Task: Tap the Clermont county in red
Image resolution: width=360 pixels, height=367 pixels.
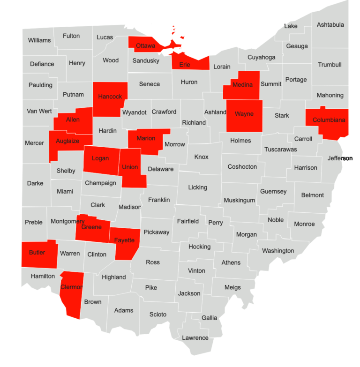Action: click(x=71, y=293)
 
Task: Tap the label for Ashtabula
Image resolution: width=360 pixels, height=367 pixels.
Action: click(x=330, y=25)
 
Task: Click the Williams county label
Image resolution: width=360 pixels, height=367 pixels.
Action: click(x=39, y=40)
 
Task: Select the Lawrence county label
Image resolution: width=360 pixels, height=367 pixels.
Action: click(x=195, y=338)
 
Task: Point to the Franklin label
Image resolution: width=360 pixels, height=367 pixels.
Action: click(x=159, y=200)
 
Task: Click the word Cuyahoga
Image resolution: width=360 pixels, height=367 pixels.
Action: click(x=261, y=57)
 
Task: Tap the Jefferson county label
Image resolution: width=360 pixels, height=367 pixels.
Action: click(x=340, y=158)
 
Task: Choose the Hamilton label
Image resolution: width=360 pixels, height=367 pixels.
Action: click(x=43, y=277)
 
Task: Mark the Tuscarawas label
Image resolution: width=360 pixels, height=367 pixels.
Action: click(x=280, y=150)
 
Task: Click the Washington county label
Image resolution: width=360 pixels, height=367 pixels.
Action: click(x=278, y=251)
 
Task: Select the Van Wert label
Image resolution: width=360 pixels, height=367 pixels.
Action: click(x=39, y=111)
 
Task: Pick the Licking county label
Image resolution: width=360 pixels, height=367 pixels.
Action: click(x=197, y=187)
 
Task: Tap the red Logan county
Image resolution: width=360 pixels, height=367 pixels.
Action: click(x=100, y=159)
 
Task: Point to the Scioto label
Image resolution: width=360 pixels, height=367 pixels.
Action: click(x=158, y=315)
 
